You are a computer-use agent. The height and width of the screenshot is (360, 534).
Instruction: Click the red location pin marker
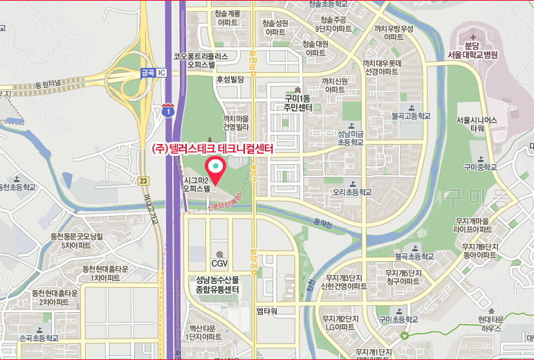click(x=215, y=168)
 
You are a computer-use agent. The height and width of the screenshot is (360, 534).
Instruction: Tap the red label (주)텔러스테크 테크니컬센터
click(x=213, y=149)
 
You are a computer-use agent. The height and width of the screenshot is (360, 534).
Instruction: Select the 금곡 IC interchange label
click(x=153, y=72)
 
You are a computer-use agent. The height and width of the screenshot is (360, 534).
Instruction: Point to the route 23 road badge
click(x=143, y=181)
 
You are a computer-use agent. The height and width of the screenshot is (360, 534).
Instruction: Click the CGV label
click(x=219, y=263)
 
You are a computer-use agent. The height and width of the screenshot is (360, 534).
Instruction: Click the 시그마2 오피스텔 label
click(x=196, y=183)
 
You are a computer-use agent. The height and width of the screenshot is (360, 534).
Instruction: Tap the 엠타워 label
click(x=266, y=312)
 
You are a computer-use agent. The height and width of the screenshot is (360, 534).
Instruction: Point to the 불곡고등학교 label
click(x=410, y=116)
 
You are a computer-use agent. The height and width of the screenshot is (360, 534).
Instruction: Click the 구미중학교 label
click(x=481, y=167)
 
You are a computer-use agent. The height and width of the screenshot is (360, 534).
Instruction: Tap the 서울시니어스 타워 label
click(x=477, y=124)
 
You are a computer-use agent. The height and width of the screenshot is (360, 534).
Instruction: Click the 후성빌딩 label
click(x=230, y=80)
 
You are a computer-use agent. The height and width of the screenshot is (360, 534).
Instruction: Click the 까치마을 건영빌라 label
click(x=236, y=123)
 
